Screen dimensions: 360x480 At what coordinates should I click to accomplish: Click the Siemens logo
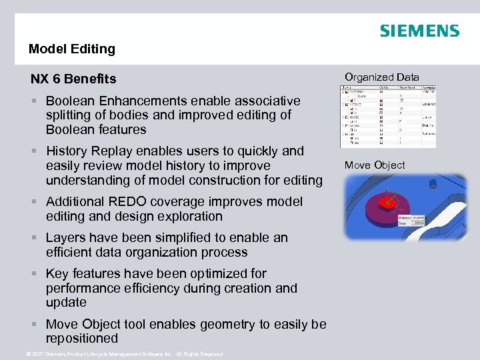419,31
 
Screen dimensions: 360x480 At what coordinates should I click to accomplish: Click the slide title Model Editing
72,49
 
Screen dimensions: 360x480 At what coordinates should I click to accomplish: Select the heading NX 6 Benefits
73,79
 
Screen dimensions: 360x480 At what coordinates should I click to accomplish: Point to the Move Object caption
375,165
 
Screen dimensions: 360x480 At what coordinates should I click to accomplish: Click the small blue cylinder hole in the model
432,183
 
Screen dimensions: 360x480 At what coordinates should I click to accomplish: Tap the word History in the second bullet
68,151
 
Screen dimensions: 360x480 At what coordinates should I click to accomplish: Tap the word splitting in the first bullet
68,115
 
